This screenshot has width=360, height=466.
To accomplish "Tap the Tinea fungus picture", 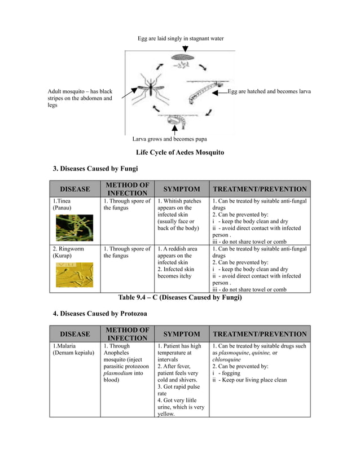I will click(x=74, y=227).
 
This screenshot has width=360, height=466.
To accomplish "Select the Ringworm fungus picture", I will click(x=74, y=275).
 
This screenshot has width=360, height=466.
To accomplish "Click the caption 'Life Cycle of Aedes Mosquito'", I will click(x=180, y=153).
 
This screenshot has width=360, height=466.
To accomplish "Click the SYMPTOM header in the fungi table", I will click(x=181, y=190).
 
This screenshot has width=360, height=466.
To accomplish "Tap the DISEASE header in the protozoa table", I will click(x=75, y=334).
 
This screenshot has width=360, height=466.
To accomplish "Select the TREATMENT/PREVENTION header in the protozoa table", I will click(x=260, y=334).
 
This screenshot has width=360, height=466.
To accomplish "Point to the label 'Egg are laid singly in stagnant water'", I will click(x=181, y=38).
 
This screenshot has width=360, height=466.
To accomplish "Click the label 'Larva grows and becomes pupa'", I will click(x=169, y=139).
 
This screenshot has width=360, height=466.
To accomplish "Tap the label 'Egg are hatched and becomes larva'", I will click(x=269, y=91).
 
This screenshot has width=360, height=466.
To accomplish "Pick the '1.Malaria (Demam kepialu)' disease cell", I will click(x=74, y=349).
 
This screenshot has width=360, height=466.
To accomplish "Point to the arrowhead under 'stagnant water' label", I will click(x=185, y=49).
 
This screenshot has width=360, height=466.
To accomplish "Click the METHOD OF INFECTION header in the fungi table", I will click(x=127, y=190).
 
